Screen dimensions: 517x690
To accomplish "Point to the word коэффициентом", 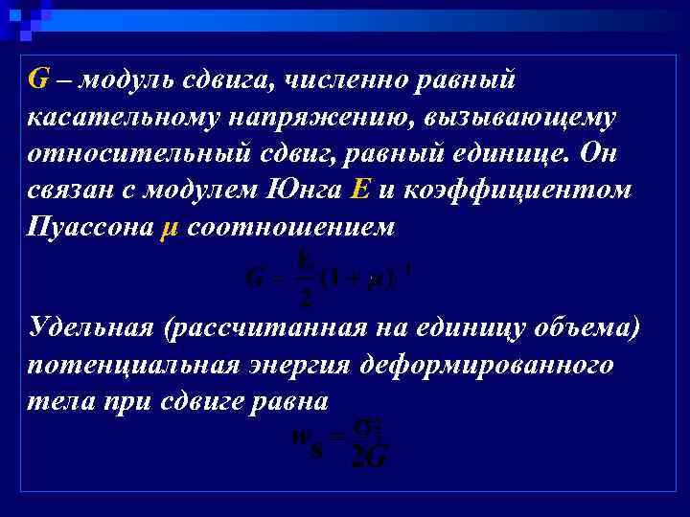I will click(x=514, y=190).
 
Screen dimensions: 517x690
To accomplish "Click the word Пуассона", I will click(x=87, y=227).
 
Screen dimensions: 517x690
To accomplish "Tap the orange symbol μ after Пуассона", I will click(x=162, y=229).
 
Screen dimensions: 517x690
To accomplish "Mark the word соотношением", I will click(x=287, y=227).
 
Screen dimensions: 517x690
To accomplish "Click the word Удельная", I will click(x=91, y=327).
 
